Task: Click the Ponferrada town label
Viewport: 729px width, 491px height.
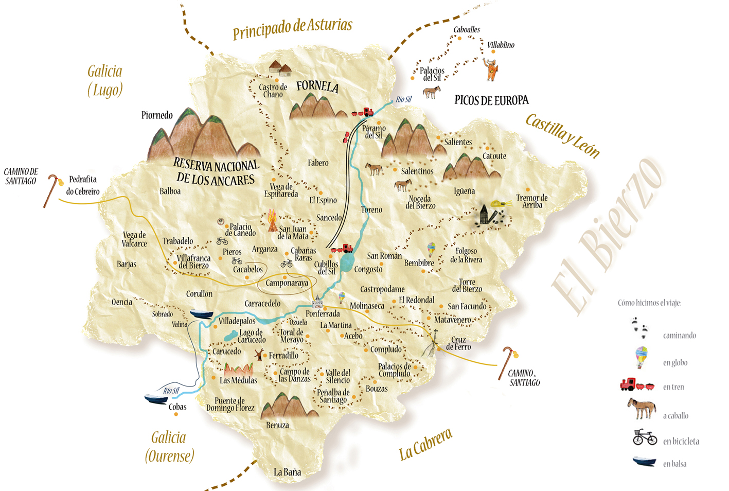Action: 323,313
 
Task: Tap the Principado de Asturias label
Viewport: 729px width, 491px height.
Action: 292,28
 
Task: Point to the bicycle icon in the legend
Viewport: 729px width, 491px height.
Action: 645,437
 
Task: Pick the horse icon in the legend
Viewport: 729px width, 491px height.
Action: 642,409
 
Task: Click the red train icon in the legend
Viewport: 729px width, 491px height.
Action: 637,384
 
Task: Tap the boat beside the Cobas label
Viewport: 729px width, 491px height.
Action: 156,398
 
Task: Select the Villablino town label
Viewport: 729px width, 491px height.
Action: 501,45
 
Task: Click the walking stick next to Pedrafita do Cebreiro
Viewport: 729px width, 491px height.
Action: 52,189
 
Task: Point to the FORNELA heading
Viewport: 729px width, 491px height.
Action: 317,86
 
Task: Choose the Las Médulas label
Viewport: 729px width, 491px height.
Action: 238,380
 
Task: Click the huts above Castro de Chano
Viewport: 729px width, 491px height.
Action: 280,68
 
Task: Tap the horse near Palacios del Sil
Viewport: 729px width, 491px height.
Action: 431,92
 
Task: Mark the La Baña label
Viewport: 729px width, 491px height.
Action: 287,472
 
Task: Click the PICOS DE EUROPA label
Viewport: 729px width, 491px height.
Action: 491,100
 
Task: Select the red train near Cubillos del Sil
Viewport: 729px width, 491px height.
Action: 343,249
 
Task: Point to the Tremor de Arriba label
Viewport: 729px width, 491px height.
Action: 532,201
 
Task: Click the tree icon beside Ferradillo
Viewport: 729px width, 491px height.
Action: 259,354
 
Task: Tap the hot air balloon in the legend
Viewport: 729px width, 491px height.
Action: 641,357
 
